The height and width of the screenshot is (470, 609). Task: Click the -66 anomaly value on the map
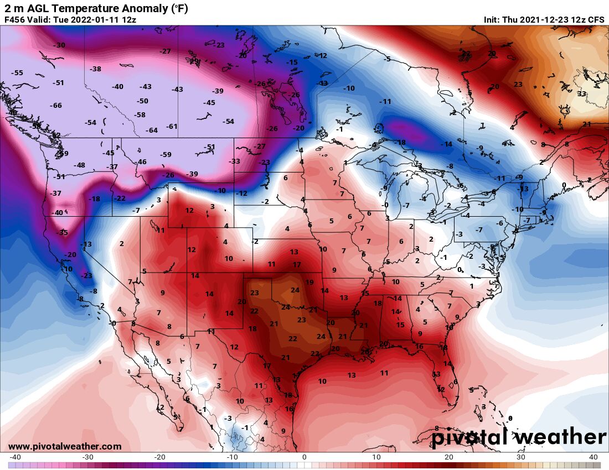56,106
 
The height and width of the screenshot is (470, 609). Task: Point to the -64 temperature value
152,130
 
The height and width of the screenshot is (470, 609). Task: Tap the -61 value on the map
172,127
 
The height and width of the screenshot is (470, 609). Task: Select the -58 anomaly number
140,115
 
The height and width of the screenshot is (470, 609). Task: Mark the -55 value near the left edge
18,73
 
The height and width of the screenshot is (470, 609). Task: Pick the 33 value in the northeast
582,94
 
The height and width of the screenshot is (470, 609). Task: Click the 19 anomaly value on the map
309,283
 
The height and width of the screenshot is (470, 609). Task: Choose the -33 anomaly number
235,161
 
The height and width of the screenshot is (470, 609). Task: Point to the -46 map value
142,162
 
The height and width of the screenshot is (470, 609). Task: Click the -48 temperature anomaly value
80,165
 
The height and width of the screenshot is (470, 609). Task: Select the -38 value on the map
96,69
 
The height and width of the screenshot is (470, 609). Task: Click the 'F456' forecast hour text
15,20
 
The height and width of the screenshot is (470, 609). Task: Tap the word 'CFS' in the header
596,20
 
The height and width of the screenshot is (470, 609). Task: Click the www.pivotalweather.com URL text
65,446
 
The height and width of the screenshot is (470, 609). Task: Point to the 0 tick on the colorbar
304,457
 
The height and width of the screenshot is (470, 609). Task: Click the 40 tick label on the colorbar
593,457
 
